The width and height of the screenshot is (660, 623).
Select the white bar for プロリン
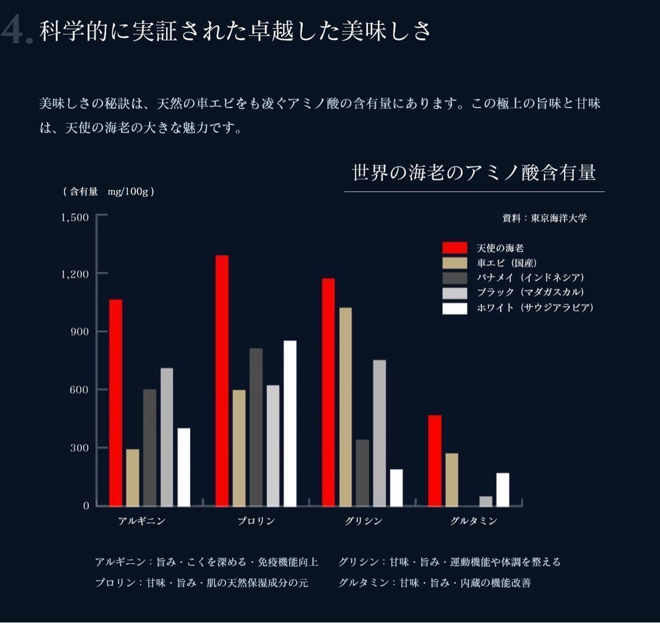point(290,423)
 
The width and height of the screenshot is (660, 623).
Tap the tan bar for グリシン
point(345,407)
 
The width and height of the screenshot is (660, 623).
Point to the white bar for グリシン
point(396,487)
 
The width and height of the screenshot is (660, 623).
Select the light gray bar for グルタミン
point(486,501)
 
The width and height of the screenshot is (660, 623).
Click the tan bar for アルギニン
point(133,477)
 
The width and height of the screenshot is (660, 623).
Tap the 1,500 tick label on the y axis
point(75,217)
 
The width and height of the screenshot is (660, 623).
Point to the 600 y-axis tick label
point(79,389)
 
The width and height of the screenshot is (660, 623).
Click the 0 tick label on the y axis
point(86,506)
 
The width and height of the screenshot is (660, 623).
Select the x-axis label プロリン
point(256,522)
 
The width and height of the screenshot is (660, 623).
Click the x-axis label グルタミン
point(473,522)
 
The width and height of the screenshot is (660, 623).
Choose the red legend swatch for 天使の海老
point(455,248)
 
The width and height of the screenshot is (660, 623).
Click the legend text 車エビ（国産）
point(507,263)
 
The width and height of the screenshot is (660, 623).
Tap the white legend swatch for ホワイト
point(455,308)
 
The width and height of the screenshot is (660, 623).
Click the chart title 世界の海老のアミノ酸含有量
point(474,173)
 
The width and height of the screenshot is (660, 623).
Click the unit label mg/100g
point(128,191)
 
